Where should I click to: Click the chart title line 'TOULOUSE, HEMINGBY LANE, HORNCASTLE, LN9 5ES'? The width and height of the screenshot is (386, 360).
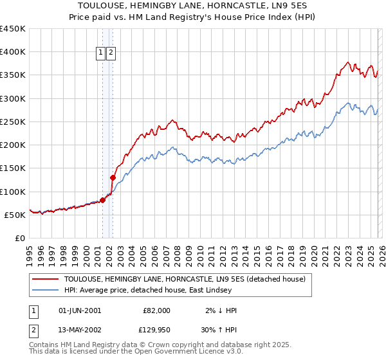pyautogui.click(x=193, y=5)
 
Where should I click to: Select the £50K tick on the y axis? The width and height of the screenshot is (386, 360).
pyautogui.click(x=15, y=215)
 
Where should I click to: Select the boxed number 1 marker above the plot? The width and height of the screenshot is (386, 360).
pyautogui.click(x=102, y=53)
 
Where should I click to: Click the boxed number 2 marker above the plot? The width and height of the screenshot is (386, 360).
pyautogui.click(x=111, y=53)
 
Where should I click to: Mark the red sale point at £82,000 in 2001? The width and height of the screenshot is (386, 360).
pyautogui.click(x=102, y=200)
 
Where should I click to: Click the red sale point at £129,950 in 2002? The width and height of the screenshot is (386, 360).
pyautogui.click(x=113, y=177)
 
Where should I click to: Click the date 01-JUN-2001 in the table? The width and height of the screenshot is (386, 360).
pyautogui.click(x=79, y=310)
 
